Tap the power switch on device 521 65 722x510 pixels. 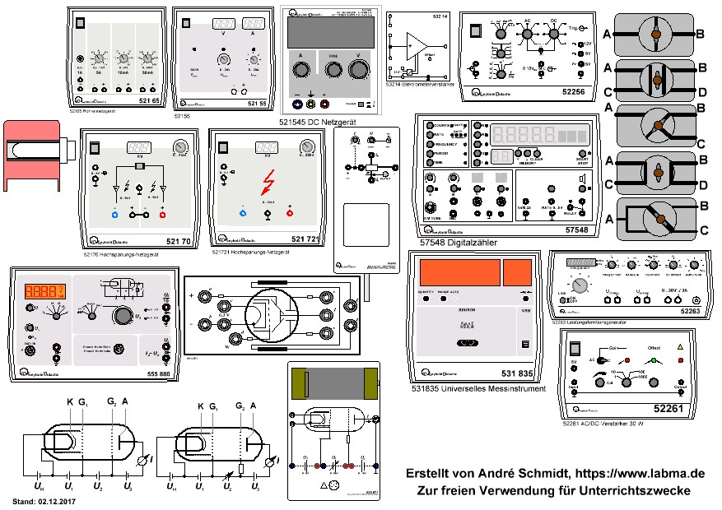(x=80, y=24)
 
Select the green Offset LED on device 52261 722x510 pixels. (x=654, y=359)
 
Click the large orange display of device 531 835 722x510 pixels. (x=456, y=274)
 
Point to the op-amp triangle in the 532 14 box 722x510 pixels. (x=419, y=44)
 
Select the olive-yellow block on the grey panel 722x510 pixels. (x=372, y=382)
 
